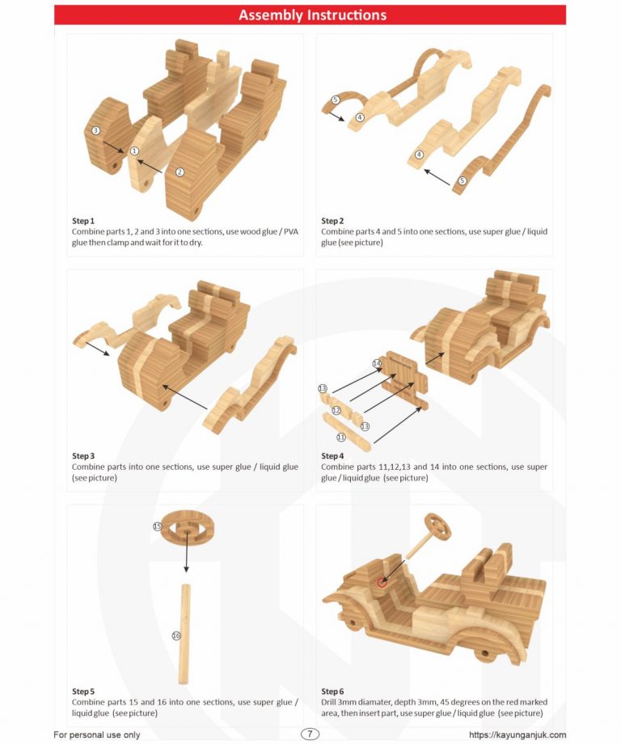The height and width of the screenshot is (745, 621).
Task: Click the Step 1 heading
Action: (x=83, y=221)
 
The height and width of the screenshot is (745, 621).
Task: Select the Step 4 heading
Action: (x=332, y=456)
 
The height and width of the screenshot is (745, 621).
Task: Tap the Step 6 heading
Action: (x=332, y=692)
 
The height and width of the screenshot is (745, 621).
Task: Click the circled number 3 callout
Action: (x=95, y=130)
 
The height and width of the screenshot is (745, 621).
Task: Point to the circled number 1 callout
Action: (x=134, y=151)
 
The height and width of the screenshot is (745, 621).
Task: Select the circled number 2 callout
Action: (x=180, y=171)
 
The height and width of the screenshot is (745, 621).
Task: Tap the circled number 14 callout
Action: (x=377, y=364)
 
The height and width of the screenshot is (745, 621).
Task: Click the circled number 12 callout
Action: (x=336, y=411)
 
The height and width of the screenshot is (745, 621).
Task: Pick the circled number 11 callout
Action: (x=340, y=437)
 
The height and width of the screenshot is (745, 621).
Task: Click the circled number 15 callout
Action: (x=158, y=527)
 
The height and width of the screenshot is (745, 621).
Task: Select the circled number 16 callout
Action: (x=176, y=636)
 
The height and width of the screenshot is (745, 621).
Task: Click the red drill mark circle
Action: (x=382, y=582)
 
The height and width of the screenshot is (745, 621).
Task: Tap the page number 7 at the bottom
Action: (x=310, y=734)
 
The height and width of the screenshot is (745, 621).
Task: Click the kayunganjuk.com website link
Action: (x=517, y=734)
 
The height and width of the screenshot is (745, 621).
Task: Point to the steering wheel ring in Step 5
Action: (x=187, y=527)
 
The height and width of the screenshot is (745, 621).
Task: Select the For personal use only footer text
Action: (x=97, y=734)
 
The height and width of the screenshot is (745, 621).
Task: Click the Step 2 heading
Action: (x=332, y=221)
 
